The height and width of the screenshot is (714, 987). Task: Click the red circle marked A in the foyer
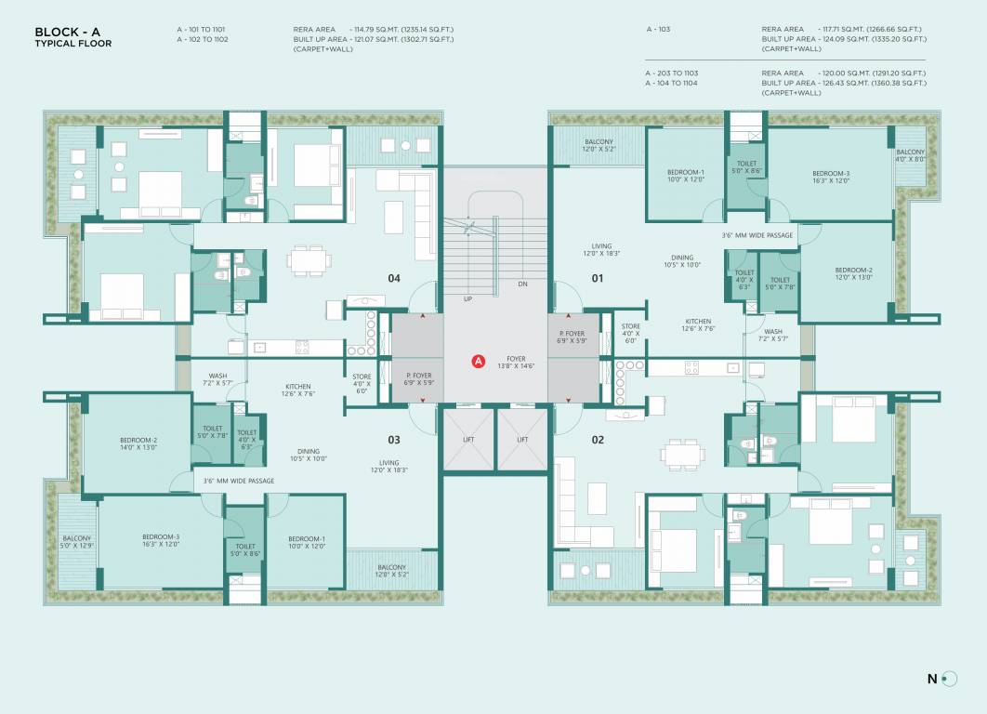(479, 361)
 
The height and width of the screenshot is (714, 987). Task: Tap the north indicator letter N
(932, 679)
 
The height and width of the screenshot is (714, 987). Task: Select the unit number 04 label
(394, 278)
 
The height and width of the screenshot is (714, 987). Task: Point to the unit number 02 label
(598, 440)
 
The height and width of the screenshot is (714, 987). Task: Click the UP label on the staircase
(467, 298)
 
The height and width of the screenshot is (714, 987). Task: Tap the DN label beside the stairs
(522, 284)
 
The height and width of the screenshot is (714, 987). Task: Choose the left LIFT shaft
(468, 440)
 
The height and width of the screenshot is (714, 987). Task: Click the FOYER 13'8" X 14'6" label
(516, 363)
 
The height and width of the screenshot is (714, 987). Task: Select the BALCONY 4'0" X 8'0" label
(910, 155)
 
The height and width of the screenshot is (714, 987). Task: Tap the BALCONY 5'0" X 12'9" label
(77, 542)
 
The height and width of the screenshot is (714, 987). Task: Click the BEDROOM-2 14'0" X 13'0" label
(138, 443)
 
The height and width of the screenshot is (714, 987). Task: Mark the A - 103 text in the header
(658, 30)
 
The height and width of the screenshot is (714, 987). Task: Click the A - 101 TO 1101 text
(202, 30)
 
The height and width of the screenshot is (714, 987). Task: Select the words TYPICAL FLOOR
(72, 44)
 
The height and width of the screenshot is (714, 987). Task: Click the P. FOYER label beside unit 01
(571, 337)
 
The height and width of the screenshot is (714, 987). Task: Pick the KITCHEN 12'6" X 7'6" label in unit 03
(298, 390)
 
